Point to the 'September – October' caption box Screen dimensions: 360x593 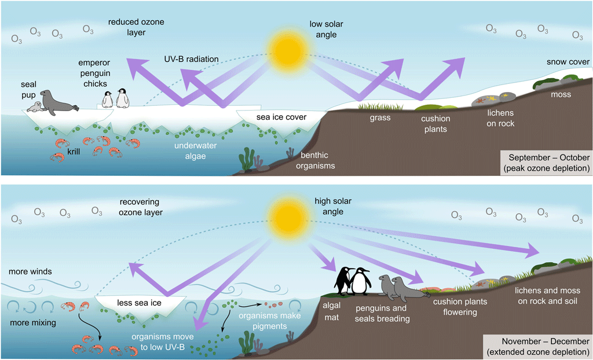(548, 162)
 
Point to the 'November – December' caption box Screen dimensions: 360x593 (548, 347)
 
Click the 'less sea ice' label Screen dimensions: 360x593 (141, 302)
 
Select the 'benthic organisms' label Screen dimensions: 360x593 (318, 161)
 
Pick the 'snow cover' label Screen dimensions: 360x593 (568, 62)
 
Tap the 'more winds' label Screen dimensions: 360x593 (31, 271)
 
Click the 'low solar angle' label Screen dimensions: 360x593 (323, 30)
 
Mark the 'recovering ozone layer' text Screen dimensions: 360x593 (141, 207)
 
